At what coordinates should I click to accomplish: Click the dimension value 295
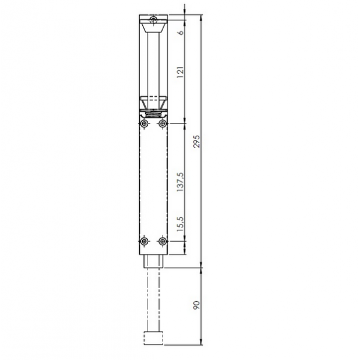pyautogui.click(x=197, y=142)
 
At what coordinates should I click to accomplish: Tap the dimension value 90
pyautogui.click(x=197, y=305)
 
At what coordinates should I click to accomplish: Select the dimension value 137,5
pyautogui.click(x=181, y=182)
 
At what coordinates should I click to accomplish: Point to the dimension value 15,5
pyautogui.click(x=181, y=224)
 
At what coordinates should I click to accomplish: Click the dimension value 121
pyautogui.click(x=181, y=72)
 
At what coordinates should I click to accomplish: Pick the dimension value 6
pyautogui.click(x=181, y=32)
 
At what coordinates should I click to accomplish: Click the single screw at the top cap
pyautogui.click(x=154, y=20)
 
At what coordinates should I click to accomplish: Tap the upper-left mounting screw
pyautogui.click(x=144, y=124)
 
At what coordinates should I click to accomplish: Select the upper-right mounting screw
pyautogui.click(x=163, y=124)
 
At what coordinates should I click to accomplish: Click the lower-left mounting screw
pyautogui.click(x=144, y=241)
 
